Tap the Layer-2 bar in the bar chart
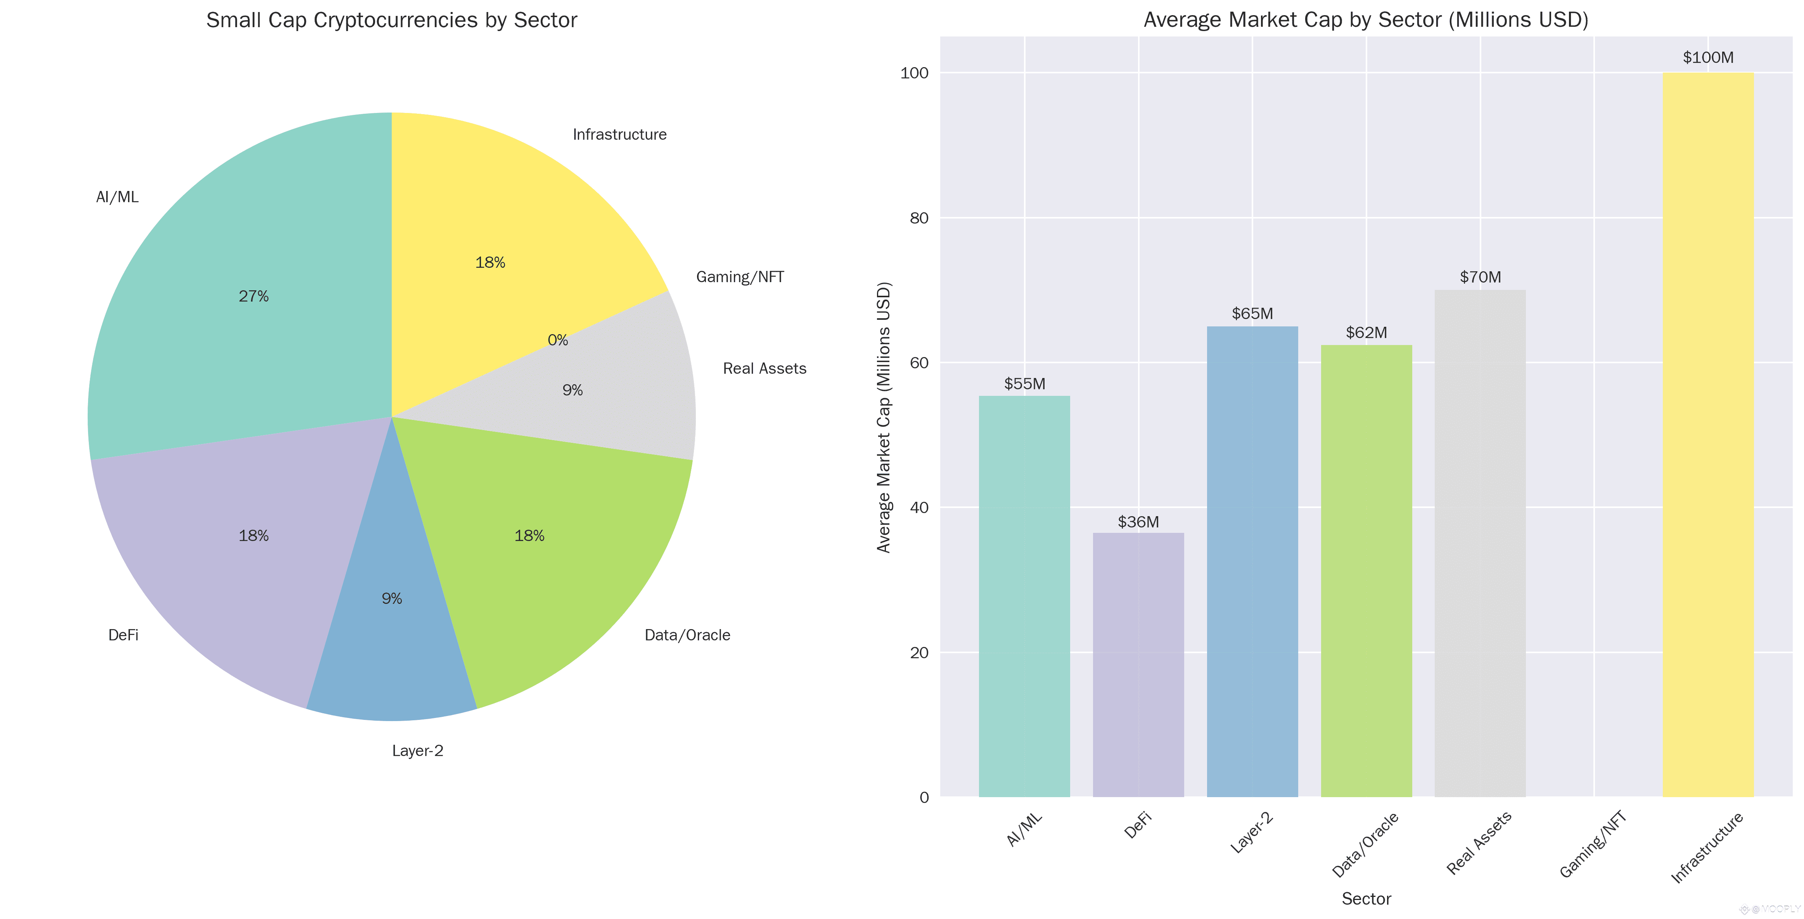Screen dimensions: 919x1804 click(x=1252, y=560)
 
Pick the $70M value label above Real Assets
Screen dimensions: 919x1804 click(x=1480, y=277)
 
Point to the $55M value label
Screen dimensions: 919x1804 click(x=1024, y=384)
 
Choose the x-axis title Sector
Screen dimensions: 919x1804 click(x=1366, y=899)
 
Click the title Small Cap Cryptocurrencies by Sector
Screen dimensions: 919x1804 click(x=391, y=20)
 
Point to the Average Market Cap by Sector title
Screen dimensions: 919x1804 click(x=1366, y=20)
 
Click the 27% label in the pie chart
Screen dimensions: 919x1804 click(x=254, y=296)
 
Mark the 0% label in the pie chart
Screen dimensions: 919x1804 click(x=557, y=340)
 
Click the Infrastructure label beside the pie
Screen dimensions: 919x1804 click(x=619, y=135)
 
